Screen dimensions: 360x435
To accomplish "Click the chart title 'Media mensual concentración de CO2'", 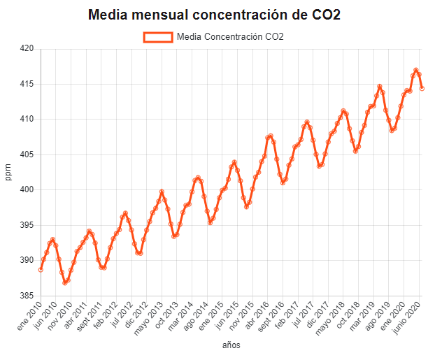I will point(214,15).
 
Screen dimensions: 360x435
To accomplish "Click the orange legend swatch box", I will point(157,36).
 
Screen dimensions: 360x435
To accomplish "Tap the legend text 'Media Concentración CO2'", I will point(230,36).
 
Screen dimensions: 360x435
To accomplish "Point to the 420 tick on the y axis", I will point(27,49).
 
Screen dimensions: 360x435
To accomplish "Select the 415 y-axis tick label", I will point(27,84).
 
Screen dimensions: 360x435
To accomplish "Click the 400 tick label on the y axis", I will point(27,189).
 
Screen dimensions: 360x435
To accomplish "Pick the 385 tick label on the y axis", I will point(27,295).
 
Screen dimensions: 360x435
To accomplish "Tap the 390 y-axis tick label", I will point(27,260).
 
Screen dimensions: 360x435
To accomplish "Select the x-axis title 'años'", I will point(231,345).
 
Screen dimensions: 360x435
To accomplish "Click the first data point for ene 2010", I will point(41,269).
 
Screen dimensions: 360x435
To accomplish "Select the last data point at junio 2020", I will point(422,88).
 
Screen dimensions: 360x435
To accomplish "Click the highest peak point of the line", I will point(416,70).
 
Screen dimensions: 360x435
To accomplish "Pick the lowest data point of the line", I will point(65,282).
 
